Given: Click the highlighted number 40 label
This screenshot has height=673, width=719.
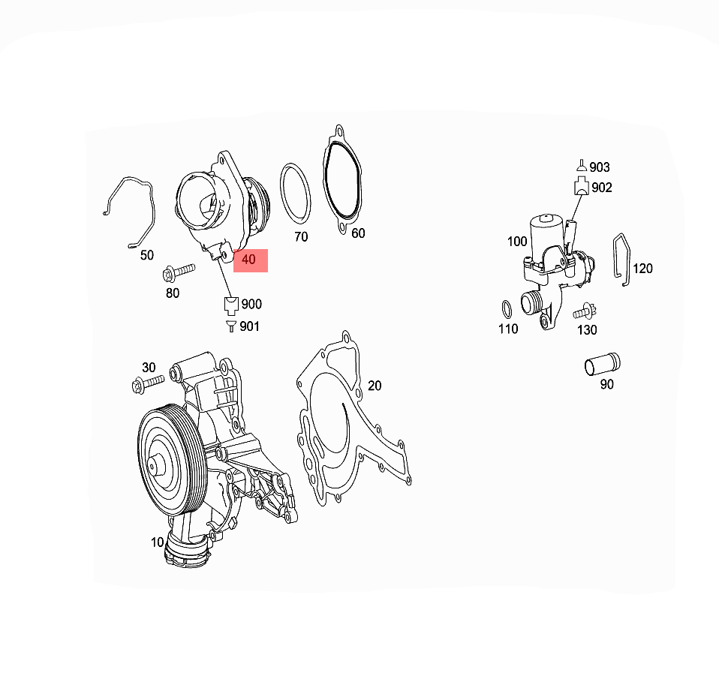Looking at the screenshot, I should pyautogui.click(x=250, y=260).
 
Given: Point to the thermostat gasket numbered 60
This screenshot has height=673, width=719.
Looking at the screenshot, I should pyautogui.click(x=344, y=180).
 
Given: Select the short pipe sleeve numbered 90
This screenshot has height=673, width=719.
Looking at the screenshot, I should pyautogui.click(x=602, y=365).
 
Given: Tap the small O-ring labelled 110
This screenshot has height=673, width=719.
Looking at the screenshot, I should pyautogui.click(x=507, y=308).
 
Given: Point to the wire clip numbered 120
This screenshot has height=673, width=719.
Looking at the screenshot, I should pyautogui.click(x=621, y=260).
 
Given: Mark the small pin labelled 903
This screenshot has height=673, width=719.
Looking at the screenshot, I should pyautogui.click(x=580, y=166).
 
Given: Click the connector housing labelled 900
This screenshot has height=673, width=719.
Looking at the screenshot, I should pyautogui.click(x=230, y=305).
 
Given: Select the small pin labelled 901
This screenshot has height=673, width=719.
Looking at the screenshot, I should pyautogui.click(x=230, y=326).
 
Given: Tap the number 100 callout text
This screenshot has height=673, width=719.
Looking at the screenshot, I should pyautogui.click(x=517, y=242).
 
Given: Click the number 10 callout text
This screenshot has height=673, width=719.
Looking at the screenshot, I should pyautogui.click(x=157, y=542).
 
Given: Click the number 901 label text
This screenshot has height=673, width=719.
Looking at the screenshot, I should pyautogui.click(x=250, y=326).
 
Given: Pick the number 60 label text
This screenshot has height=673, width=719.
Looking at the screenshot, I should pyautogui.click(x=358, y=233).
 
